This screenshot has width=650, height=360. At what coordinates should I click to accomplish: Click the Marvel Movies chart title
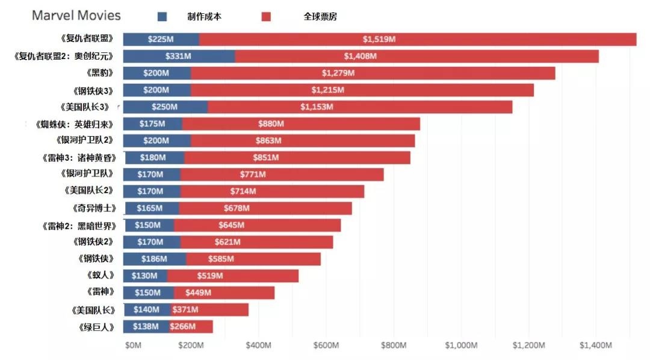click(x=76, y=16)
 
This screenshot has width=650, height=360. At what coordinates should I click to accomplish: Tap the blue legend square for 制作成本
click(x=162, y=17)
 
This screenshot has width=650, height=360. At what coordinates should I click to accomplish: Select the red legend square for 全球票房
click(x=266, y=17)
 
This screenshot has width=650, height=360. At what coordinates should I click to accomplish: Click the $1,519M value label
click(x=379, y=39)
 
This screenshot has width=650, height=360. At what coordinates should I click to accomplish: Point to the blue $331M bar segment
click(x=179, y=56)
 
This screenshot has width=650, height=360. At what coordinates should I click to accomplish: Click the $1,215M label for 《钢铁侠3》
click(x=327, y=90)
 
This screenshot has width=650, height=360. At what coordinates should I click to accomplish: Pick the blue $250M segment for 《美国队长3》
click(x=166, y=107)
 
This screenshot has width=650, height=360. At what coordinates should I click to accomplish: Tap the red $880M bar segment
click(x=301, y=124)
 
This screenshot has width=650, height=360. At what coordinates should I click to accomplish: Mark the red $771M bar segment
click(x=282, y=175)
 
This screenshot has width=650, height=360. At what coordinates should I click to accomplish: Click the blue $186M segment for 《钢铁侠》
click(x=155, y=259)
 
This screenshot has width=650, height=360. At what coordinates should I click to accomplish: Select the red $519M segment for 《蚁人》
click(x=233, y=276)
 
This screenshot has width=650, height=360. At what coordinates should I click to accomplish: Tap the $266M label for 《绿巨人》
click(x=182, y=326)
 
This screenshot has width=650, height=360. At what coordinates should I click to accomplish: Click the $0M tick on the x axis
click(x=133, y=346)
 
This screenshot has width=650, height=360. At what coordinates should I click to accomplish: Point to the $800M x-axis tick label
click(x=394, y=346)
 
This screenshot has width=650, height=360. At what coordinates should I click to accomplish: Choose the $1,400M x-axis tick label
click(x=596, y=346)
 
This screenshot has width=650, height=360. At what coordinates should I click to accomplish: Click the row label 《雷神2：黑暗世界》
click(x=80, y=225)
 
